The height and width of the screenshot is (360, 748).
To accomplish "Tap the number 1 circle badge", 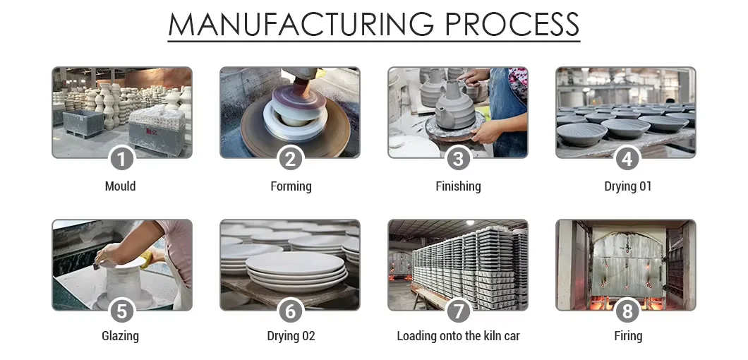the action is pos(121,159).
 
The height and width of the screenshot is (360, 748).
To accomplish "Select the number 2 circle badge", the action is pos(290,159).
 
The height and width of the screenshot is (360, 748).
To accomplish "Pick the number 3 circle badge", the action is pos(458,159).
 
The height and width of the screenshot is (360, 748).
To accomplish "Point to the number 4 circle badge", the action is pos(627,159).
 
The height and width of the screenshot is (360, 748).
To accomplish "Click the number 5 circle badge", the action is pos(121,311).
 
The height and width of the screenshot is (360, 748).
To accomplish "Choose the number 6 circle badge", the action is pos(290,311).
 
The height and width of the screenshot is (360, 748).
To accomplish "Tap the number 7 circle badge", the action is pos(458,311).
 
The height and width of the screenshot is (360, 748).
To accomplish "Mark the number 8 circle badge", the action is pos(627,311).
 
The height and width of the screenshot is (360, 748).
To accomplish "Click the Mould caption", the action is pos(121,186).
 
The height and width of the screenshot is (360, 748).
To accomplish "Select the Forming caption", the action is pos(291,186).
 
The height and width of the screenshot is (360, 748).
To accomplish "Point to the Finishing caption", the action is pos(458,186).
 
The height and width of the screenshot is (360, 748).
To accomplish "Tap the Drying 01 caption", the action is pos(628,186).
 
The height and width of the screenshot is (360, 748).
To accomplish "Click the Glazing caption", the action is pos(121,336).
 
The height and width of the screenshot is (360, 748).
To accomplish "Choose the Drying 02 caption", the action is pos(291,336).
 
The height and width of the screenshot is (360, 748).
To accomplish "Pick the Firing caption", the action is pos(628,336).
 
